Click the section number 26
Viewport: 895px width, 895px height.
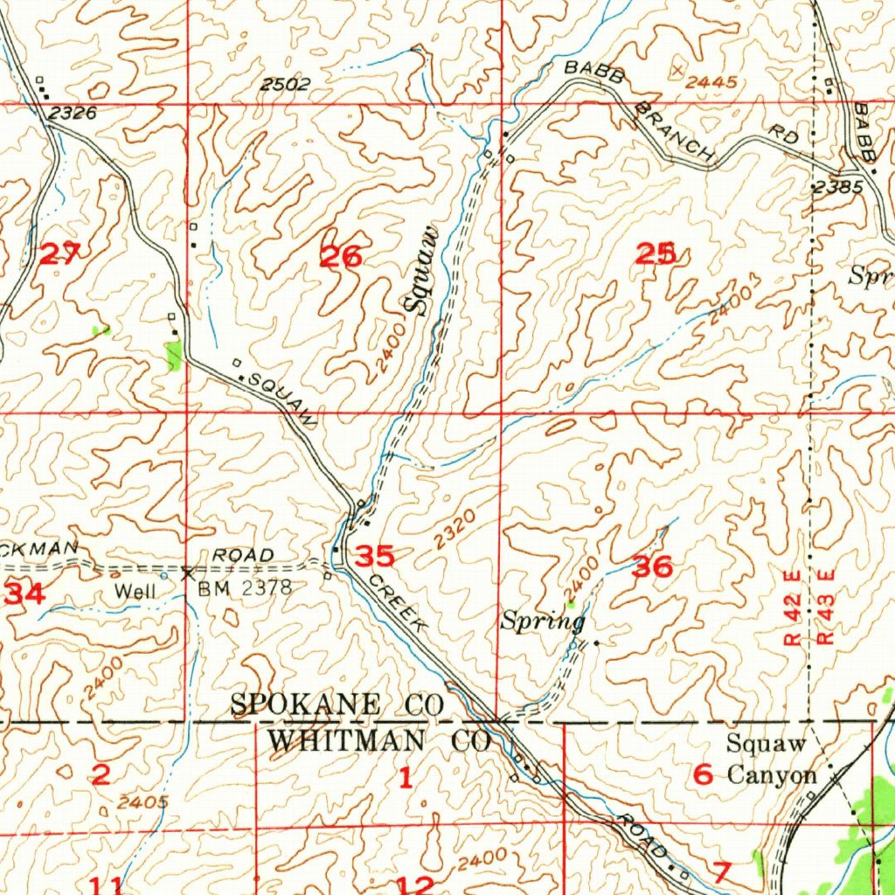point(341,257)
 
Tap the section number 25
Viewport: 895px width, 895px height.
point(656,254)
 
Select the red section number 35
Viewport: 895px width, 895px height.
point(374,556)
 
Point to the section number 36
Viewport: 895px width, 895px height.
point(652,567)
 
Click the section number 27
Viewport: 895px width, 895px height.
point(60,254)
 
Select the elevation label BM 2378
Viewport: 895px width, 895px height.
point(244,588)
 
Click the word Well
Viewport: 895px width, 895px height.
point(135,592)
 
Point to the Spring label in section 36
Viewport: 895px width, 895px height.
point(542,622)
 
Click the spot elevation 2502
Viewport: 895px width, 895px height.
point(285,85)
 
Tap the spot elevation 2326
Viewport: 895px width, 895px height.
point(73,113)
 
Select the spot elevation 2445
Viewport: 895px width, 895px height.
point(711,82)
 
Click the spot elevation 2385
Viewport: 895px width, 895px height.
point(836,187)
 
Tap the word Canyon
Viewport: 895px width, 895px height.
point(773,774)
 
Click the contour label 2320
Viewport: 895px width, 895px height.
point(454,531)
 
